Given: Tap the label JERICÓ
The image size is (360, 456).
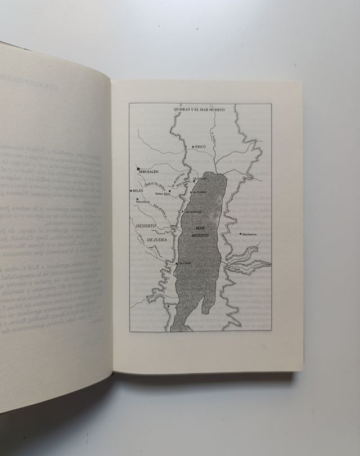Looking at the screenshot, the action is [x=201, y=146].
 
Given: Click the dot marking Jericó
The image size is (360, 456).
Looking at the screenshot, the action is [x=192, y=146].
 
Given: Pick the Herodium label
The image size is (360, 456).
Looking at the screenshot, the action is [x=143, y=200].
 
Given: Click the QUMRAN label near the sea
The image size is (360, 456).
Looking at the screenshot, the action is [x=200, y=178].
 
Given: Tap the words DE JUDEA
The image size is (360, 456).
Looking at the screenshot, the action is [x=157, y=240].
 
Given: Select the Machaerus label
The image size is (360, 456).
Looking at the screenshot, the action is [x=249, y=234].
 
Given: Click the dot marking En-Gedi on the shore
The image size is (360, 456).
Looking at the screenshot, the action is [x=176, y=263].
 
